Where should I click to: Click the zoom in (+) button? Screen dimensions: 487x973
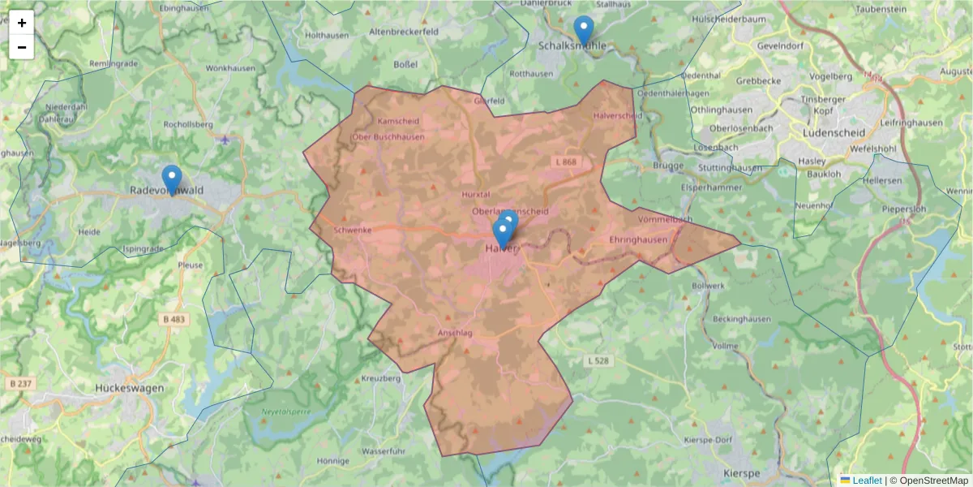[22, 23]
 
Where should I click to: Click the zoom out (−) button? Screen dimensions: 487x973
[22, 47]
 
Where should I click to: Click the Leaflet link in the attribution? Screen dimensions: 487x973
[866, 481]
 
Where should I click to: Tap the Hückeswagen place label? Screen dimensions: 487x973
[130, 388]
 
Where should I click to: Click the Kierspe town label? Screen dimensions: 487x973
[740, 473]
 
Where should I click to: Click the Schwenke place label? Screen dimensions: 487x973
[352, 230]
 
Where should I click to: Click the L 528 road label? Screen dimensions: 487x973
[597, 360]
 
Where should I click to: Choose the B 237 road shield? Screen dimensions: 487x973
[21, 382]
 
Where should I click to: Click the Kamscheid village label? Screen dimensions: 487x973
[398, 122]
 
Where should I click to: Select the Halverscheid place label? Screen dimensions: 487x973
[618, 116]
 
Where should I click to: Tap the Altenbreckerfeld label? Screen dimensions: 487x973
[403, 31]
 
